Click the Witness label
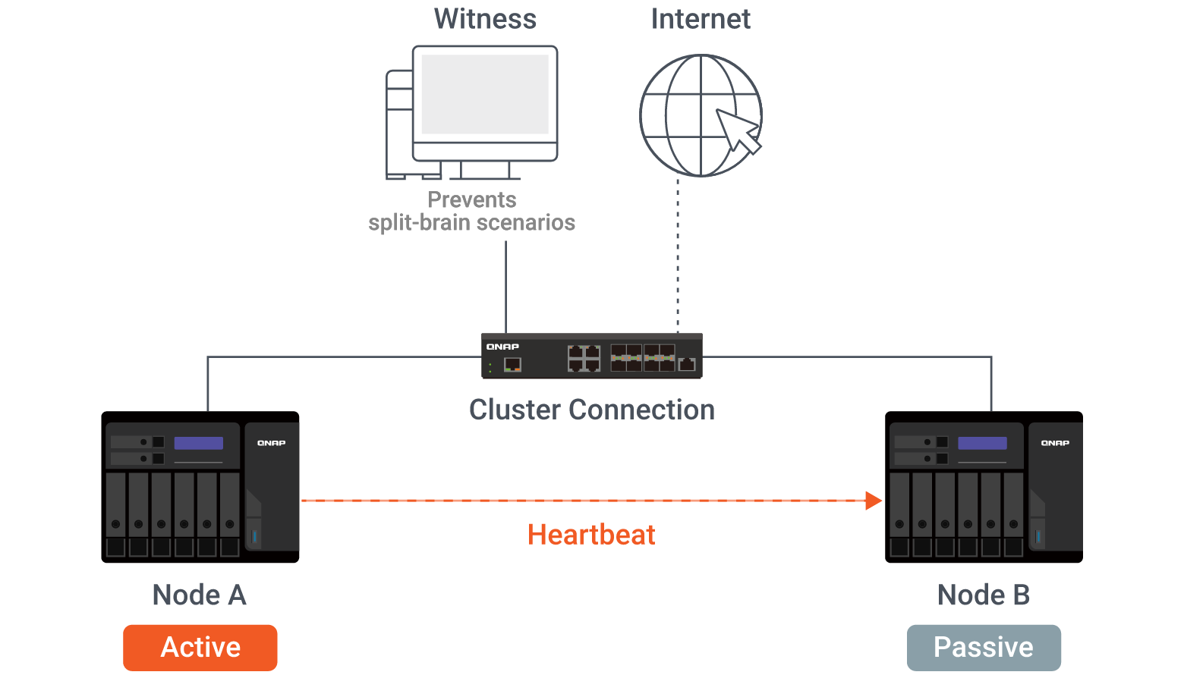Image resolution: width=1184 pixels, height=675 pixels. [485, 19]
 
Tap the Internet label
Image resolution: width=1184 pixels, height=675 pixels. [701, 19]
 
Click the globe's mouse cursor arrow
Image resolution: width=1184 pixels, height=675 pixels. [738, 130]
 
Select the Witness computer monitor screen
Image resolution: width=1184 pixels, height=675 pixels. [485, 94]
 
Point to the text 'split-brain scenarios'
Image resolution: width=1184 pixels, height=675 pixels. [471, 222]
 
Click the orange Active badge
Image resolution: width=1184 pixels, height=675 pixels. [200, 648]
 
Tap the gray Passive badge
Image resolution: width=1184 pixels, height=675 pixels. [984, 648]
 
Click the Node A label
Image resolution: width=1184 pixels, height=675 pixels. [200, 595]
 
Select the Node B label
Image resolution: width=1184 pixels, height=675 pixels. [984, 595]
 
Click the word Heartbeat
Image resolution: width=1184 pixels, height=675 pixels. [591, 535]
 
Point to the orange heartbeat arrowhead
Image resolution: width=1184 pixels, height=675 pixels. [873, 500]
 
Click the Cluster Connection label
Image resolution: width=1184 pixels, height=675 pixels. [592, 410]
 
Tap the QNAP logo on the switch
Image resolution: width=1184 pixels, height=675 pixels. [502, 347]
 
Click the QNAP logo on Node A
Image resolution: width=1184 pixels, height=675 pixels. [271, 443]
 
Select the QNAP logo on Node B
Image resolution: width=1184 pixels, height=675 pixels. [1055, 443]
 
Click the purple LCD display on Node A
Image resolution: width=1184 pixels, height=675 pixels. [199, 443]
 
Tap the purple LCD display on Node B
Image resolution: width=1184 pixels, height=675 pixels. [983, 443]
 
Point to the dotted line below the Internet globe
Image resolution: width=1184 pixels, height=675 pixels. [678, 255]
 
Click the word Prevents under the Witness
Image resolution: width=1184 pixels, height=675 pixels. [471, 199]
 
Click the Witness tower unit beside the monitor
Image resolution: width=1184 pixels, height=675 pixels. [399, 124]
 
